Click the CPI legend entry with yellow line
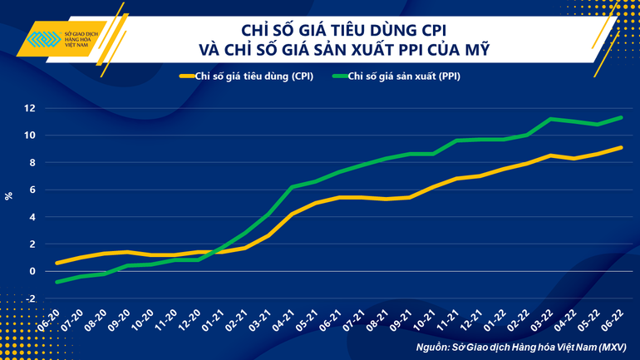(246, 76)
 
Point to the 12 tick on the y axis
(29, 108)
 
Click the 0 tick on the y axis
(32, 271)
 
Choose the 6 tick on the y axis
(32, 190)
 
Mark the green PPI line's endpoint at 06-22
(622, 117)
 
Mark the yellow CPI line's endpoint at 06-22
(622, 148)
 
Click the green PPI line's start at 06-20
(57, 282)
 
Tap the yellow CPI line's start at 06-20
(57, 263)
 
